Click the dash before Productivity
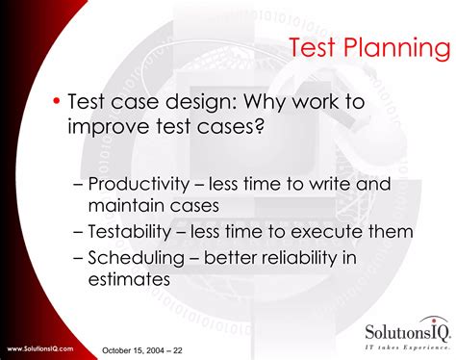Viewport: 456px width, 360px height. click(78, 186)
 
